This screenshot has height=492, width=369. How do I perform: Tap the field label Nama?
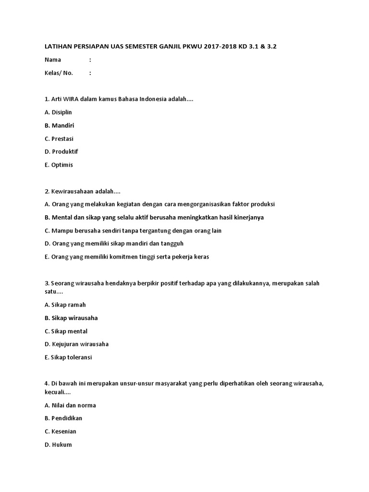click(x=53, y=60)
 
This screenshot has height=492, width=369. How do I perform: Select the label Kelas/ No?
click(x=59, y=73)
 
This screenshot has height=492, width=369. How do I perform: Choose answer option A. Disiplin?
click(x=58, y=112)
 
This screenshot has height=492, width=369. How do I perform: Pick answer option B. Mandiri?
click(x=59, y=125)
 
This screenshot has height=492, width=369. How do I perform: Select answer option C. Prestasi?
click(x=59, y=138)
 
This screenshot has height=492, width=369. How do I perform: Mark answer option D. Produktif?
click(x=61, y=151)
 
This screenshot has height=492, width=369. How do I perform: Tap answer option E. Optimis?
click(x=59, y=165)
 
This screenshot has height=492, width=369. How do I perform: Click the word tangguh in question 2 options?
click(x=172, y=244)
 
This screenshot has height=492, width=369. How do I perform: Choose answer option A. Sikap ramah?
click(x=65, y=305)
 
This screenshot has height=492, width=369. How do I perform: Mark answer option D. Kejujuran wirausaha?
click(x=76, y=344)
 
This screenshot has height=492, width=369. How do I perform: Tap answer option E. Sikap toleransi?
click(x=68, y=357)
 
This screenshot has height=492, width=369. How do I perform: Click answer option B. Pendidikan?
click(x=63, y=418)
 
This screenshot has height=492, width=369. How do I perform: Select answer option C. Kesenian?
click(x=60, y=431)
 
